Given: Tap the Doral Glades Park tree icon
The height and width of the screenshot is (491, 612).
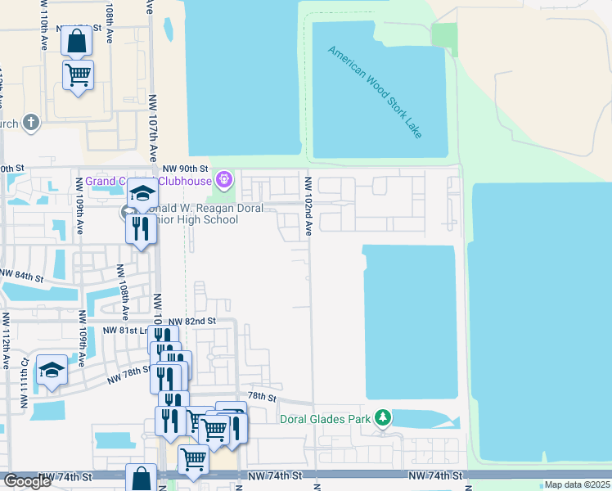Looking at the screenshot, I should [x=382, y=419].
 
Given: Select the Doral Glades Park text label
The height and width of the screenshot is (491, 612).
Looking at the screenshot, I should [x=326, y=420].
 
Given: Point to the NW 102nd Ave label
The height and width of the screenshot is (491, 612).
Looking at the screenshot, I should [x=309, y=206].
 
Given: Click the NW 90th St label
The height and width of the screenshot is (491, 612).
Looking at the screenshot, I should [x=182, y=168].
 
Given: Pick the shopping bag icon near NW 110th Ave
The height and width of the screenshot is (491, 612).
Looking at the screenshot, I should [x=76, y=41].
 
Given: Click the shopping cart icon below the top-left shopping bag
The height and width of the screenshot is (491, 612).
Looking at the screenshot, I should [x=79, y=74].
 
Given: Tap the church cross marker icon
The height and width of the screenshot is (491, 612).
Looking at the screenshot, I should [x=31, y=123].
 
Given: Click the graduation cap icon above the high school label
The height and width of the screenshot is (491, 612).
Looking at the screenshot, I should [x=142, y=193].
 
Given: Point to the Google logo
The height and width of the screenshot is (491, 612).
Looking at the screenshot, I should [x=27, y=481].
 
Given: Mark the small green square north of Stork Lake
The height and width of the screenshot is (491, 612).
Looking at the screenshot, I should [x=444, y=39].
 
